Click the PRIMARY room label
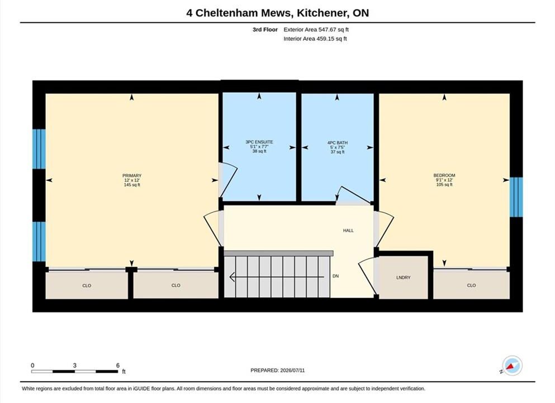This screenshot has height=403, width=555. point(132,175)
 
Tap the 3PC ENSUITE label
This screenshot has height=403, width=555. point(259,142)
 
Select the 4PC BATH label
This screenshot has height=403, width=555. point(338,143)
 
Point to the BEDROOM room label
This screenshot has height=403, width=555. point(444,175)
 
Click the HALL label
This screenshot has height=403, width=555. point(348,231)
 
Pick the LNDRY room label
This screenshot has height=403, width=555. point(403,278)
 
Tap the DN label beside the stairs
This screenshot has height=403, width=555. point(335,276)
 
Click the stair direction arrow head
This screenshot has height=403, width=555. point(232,277)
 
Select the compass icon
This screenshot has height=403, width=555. point(511,365)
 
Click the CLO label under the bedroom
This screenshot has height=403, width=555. point(471,285)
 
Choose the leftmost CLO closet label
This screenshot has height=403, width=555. point(87,285)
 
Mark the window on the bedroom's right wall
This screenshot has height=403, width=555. point(516,197)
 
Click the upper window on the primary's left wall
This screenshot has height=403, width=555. point(39,149)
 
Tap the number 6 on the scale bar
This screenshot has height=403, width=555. point(118,365)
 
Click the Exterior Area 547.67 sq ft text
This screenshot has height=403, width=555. point(316,30)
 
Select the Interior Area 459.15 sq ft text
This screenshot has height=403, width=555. point(315,39)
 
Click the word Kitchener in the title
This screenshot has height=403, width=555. point(322,13)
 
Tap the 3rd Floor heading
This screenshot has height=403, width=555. point(265,30)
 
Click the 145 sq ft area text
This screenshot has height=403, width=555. point(132,185)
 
